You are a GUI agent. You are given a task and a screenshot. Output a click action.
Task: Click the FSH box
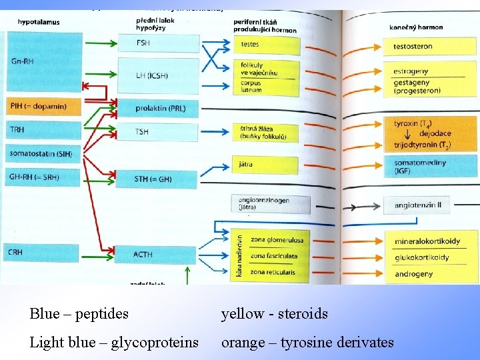(158, 43)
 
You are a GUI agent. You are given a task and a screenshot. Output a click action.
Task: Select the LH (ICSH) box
(158, 75)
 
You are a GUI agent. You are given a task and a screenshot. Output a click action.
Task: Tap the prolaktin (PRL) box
(159, 108)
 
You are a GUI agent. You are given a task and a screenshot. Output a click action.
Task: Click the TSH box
(158, 131)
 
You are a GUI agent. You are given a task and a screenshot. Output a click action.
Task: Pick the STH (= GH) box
(158, 179)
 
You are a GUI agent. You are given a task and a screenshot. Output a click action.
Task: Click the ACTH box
(158, 254)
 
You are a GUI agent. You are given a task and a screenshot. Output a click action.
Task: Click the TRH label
(17, 129)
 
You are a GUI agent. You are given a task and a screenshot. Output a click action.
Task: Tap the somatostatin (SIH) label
(31, 153)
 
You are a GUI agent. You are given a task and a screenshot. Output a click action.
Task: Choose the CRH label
(17, 253)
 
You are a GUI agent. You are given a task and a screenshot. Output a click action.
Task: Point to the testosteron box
(430, 46)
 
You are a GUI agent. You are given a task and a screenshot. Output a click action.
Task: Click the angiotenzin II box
(430, 205)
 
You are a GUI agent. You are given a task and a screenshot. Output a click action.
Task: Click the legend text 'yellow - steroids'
(275, 313)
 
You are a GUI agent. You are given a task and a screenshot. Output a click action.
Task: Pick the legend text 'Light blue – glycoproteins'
(114, 343)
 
